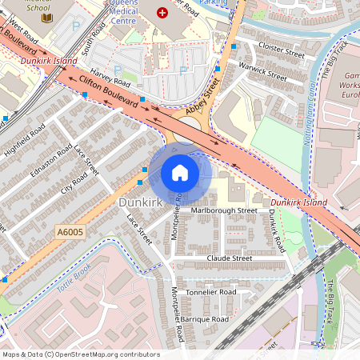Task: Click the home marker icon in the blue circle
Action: tap(180, 173)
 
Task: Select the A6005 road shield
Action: tap(70, 232)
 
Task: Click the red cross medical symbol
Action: tap(163, 13)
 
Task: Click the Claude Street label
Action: tap(230, 258)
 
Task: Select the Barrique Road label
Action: tap(204, 319)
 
